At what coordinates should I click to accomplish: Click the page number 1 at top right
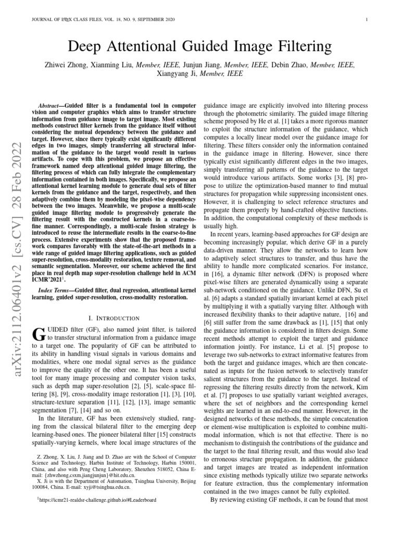(367, 20)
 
